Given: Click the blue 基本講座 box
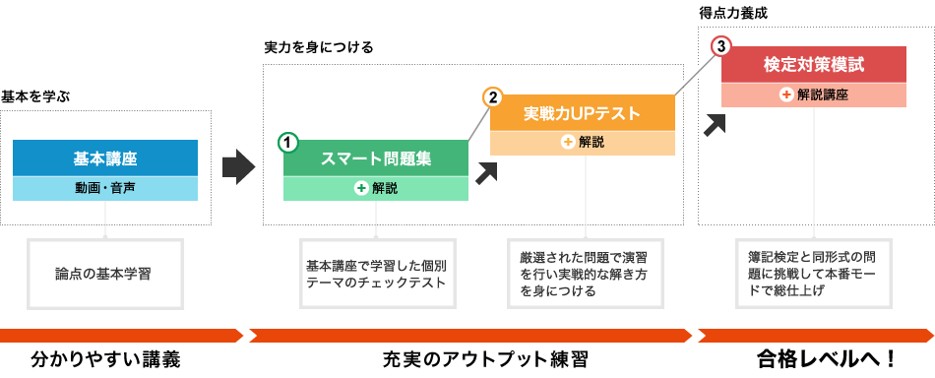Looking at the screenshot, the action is click(106, 157).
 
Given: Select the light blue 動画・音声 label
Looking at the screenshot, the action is click(106, 187).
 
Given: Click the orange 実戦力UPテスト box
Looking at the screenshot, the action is click(582, 114).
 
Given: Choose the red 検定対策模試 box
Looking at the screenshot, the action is click(813, 65).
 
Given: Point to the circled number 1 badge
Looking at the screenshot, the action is click(287, 142).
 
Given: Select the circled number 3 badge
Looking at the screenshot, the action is click(721, 46).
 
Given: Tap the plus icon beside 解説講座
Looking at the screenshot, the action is click(786, 94).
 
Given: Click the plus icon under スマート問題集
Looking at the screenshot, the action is click(361, 188).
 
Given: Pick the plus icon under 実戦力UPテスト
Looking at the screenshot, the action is click(568, 142).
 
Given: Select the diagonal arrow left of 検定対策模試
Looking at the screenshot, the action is click(717, 123).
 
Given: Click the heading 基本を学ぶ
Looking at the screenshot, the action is click(36, 96).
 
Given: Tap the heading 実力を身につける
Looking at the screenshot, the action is click(319, 47).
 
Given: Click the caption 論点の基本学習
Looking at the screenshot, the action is click(104, 268).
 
